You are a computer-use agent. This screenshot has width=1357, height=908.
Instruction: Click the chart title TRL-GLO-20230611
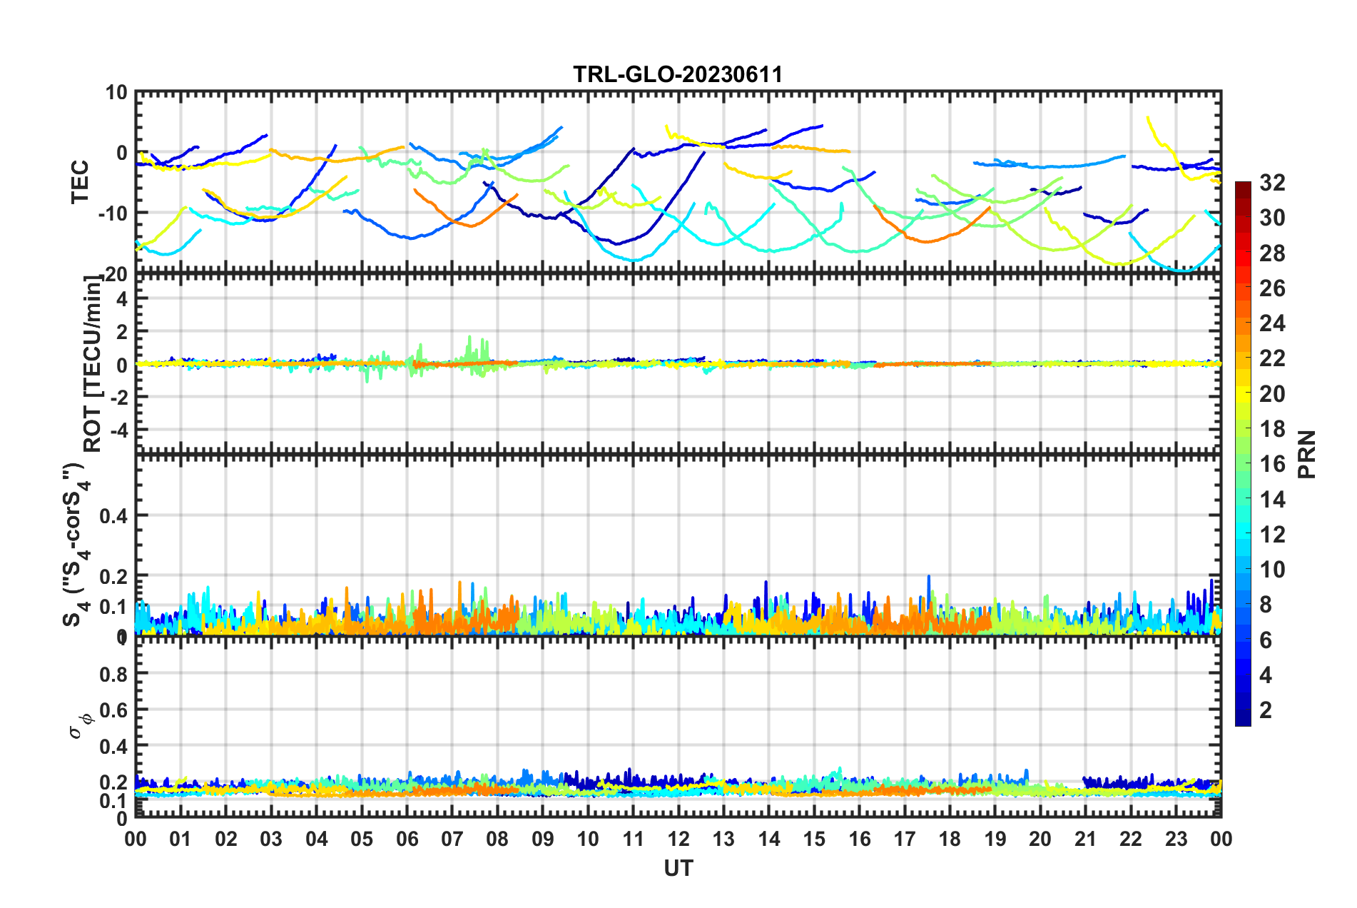pos(678,74)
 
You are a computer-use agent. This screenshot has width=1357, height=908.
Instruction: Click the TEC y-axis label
pos(80,181)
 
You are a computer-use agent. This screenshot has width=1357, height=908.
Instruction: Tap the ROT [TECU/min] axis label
pos(93,363)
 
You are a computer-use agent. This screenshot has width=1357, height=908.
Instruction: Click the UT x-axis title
pos(678,868)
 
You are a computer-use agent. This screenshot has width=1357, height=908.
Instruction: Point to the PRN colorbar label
pos(1306,455)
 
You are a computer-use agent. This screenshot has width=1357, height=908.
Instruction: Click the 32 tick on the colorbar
pos(1271,183)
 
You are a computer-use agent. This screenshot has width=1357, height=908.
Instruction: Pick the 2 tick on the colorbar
pos(1266,710)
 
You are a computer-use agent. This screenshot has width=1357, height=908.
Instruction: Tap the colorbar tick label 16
pos(1271,464)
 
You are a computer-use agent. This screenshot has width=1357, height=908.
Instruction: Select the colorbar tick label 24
pos(1271,323)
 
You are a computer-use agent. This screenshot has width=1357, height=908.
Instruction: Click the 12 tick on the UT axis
pos(678,839)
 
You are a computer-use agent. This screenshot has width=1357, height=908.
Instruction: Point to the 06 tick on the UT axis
pos(407,839)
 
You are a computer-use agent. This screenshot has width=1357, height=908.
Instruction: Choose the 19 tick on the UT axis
pos(995,839)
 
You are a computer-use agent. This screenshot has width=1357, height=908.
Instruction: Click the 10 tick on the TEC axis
pos(116,92)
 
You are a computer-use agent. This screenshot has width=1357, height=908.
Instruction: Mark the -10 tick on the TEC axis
pos(112,213)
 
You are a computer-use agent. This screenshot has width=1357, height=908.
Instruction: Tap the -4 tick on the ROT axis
pos(118,430)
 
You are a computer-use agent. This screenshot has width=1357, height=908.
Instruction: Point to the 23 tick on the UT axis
pos(1176,839)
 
